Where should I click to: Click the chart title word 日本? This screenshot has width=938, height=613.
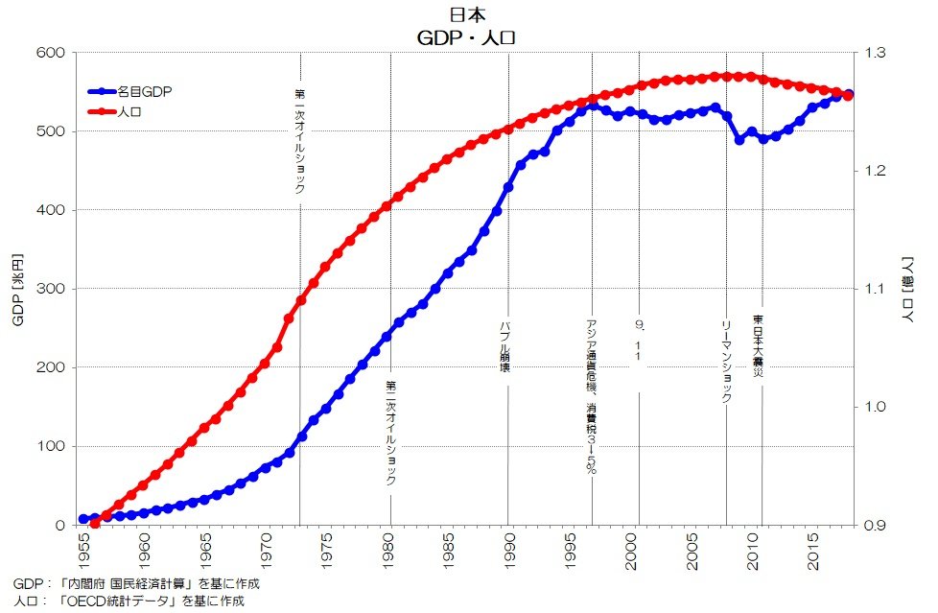470,15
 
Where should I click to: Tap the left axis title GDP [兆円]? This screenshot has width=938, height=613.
17,289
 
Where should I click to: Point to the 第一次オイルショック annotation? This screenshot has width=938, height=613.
299,141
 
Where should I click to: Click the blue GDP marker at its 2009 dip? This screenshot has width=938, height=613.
739,140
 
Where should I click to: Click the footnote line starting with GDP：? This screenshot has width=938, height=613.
136,583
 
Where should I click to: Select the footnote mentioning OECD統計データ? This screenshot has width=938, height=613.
129,601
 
